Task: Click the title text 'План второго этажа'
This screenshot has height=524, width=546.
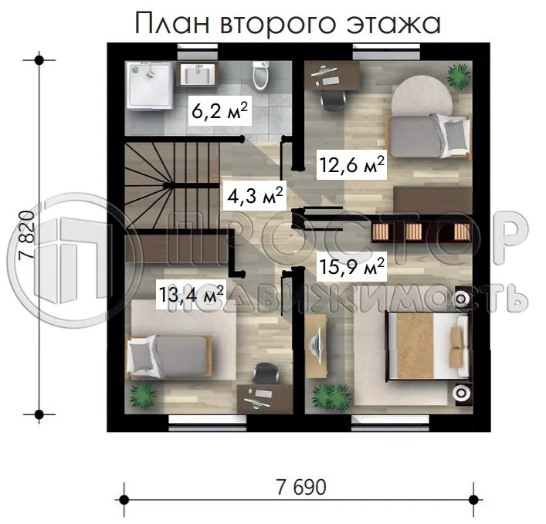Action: pyautogui.click(x=288, y=24)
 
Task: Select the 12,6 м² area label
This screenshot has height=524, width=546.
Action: pyautogui.click(x=352, y=164)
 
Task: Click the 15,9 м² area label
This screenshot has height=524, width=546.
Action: pyautogui.click(x=352, y=268)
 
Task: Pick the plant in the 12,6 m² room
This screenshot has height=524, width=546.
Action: pyautogui.click(x=458, y=75)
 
